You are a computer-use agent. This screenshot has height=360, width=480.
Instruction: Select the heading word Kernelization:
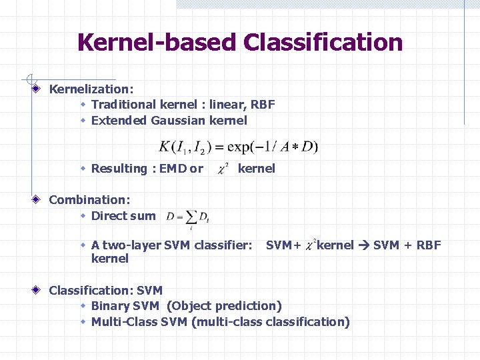(91, 89)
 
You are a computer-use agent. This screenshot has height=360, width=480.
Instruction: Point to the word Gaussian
(179, 121)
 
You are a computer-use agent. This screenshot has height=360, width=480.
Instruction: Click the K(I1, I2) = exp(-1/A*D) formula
(239, 146)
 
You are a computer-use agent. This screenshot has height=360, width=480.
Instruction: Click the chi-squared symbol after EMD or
(223, 169)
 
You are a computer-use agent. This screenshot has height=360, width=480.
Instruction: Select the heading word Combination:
(89, 199)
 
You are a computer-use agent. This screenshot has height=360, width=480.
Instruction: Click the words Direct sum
(123, 216)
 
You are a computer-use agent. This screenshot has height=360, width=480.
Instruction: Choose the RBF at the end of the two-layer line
(428, 245)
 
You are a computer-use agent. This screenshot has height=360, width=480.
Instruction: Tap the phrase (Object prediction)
(224, 306)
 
